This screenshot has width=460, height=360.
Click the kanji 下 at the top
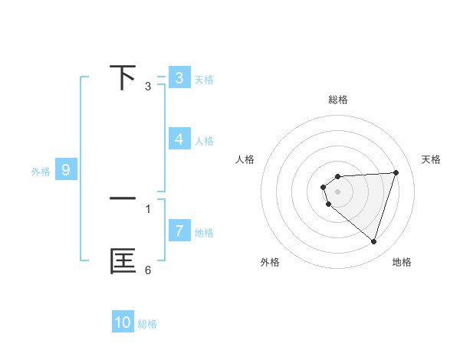(123, 77)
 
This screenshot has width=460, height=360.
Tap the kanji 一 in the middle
(123, 198)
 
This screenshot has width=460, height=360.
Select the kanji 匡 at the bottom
(123, 261)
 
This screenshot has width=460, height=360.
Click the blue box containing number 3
(179, 78)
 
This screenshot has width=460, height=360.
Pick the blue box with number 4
(179, 139)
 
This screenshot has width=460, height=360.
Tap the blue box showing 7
(179, 231)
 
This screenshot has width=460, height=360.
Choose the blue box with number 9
(66, 170)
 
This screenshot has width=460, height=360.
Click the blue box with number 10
(123, 322)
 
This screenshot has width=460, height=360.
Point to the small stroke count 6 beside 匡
(148, 270)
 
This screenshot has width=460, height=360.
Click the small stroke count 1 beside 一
(148, 208)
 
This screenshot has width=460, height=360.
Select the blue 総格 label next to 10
(147, 324)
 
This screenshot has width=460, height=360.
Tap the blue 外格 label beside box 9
(41, 172)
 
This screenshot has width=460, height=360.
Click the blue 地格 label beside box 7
(204, 232)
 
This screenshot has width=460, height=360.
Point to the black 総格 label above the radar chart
(337, 100)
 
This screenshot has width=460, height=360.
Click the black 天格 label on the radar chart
(431, 159)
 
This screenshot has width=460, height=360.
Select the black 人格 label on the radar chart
(245, 159)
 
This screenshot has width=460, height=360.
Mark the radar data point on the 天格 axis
(396, 172)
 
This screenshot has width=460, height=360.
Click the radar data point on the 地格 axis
(373, 241)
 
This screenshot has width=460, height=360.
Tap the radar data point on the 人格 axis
(324, 187)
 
